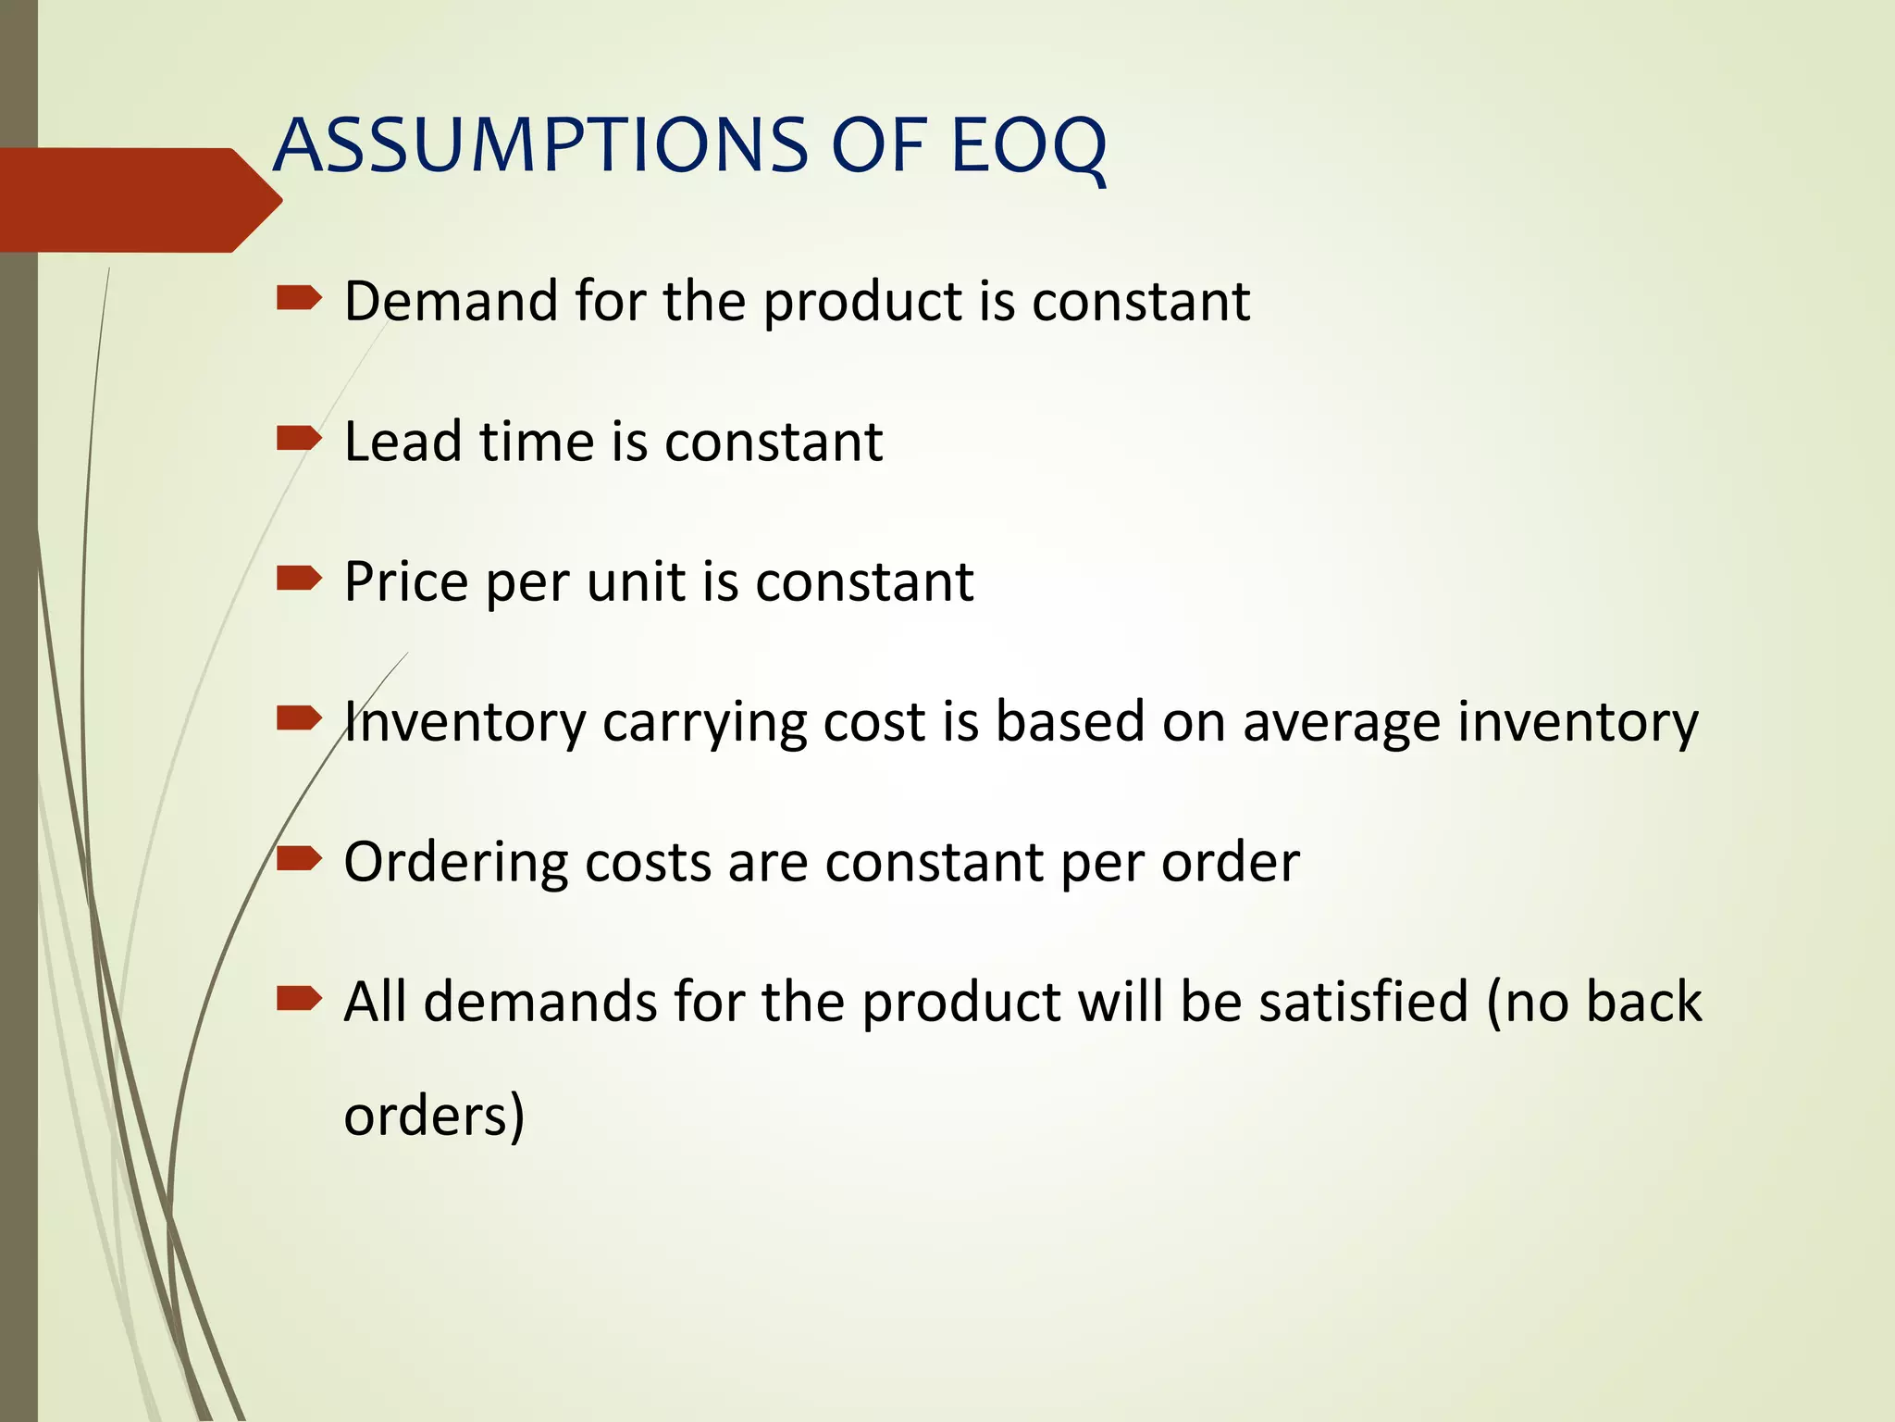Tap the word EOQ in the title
[x=1027, y=145]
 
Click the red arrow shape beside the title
[x=139, y=200]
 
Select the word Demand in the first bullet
[x=451, y=301]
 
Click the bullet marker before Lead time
[x=299, y=438]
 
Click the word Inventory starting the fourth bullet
[x=464, y=721]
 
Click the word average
[x=1341, y=723]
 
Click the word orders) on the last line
[x=434, y=1115]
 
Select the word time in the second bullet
[x=536, y=441]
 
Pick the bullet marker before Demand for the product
[x=299, y=298]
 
